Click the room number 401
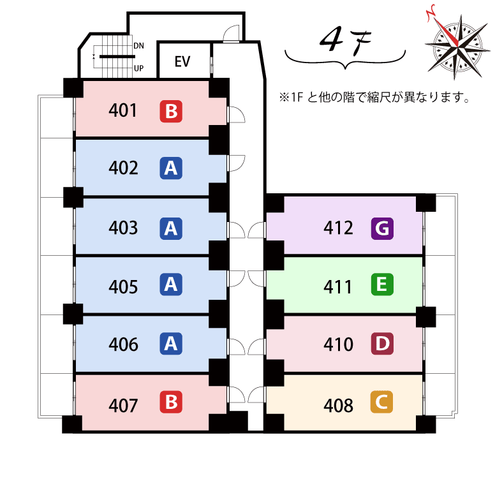123,111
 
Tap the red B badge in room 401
170,112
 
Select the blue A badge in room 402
170,168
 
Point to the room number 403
123,228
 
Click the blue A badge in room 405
170,285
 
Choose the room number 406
123,344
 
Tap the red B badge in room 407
170,403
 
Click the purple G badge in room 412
382,227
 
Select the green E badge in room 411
382,284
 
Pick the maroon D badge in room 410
382,344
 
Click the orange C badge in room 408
382,403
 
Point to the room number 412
338,228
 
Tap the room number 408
338,405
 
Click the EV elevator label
182,62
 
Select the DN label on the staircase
138,46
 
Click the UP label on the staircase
138,68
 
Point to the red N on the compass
432,12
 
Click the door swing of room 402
236,161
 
